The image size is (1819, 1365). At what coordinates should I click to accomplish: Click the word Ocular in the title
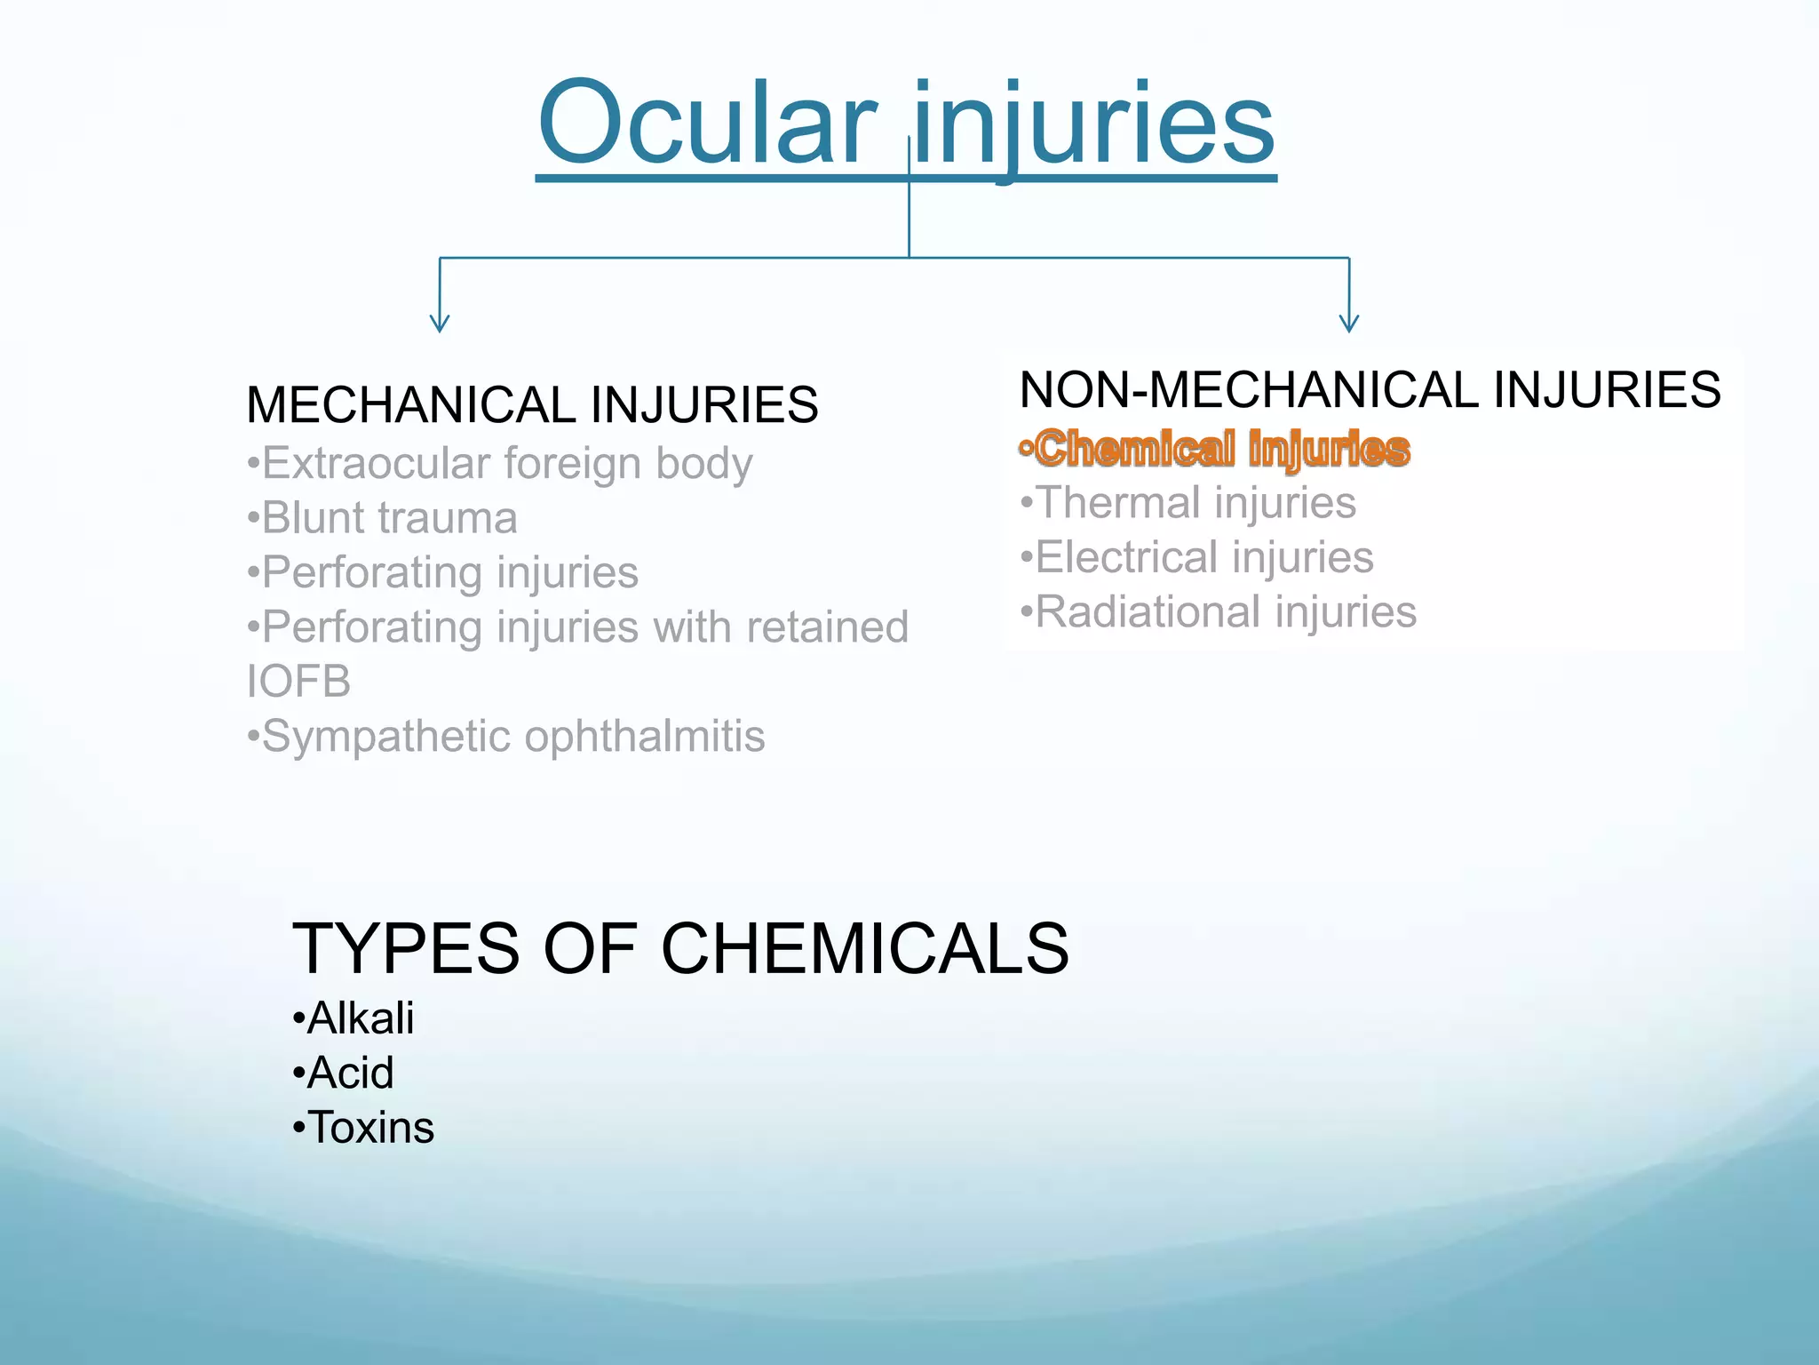coord(706,124)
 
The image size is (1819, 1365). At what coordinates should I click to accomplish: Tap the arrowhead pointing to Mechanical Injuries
coord(439,323)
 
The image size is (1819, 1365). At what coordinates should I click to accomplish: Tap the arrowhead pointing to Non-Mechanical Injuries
coord(1348,323)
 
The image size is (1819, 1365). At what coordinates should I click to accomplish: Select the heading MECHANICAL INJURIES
coord(532,405)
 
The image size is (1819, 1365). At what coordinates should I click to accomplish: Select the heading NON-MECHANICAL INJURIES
coord(1370,390)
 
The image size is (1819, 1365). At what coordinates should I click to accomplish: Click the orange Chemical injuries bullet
coord(1215,449)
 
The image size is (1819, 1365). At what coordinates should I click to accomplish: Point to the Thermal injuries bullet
coord(1188,503)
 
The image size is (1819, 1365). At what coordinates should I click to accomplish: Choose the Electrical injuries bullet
coord(1197,558)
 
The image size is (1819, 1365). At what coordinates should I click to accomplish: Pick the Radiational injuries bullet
coord(1219,612)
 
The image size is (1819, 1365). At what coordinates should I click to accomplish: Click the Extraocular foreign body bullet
coord(500,464)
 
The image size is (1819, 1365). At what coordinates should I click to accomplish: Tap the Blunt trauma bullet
coord(383,519)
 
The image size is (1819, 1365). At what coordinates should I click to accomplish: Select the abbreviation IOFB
coord(298,682)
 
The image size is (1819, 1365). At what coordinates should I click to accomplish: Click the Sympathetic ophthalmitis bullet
coord(506,737)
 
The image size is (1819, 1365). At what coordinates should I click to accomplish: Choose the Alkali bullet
coord(353,1018)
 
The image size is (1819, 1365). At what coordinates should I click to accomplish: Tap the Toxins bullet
coord(363,1128)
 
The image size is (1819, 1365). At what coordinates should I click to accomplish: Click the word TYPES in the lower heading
coord(405,949)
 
